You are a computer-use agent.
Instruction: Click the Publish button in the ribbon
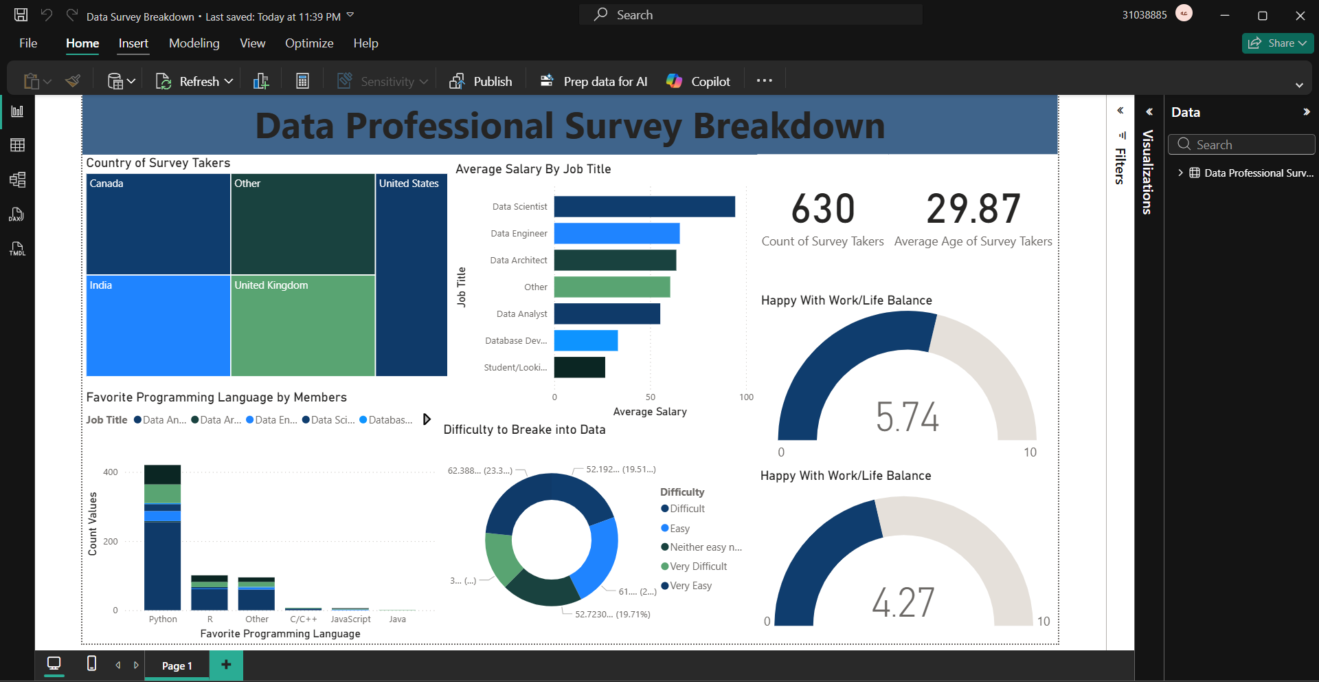(x=481, y=81)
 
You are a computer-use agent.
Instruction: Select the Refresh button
(x=194, y=81)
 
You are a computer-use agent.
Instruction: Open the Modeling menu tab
(x=194, y=43)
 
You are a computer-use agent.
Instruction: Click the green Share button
(x=1277, y=43)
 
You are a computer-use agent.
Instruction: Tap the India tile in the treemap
(x=158, y=326)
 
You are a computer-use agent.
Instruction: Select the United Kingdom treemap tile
(x=303, y=326)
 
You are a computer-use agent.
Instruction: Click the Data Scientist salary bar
(x=644, y=207)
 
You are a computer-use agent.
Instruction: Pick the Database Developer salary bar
(x=586, y=341)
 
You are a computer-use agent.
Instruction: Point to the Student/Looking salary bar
(x=580, y=368)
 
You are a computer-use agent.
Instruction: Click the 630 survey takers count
(x=823, y=209)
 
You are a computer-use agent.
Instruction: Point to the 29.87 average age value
(x=973, y=209)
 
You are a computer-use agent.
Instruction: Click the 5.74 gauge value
(x=907, y=417)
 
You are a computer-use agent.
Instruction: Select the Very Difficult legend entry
(x=698, y=566)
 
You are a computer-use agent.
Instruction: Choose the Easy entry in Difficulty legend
(x=679, y=529)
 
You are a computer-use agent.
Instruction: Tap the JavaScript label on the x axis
(x=350, y=619)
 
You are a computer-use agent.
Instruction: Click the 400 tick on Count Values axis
(x=111, y=472)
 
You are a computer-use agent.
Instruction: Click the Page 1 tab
(x=177, y=665)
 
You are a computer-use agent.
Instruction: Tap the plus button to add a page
(x=226, y=664)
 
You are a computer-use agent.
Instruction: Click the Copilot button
(x=699, y=81)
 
